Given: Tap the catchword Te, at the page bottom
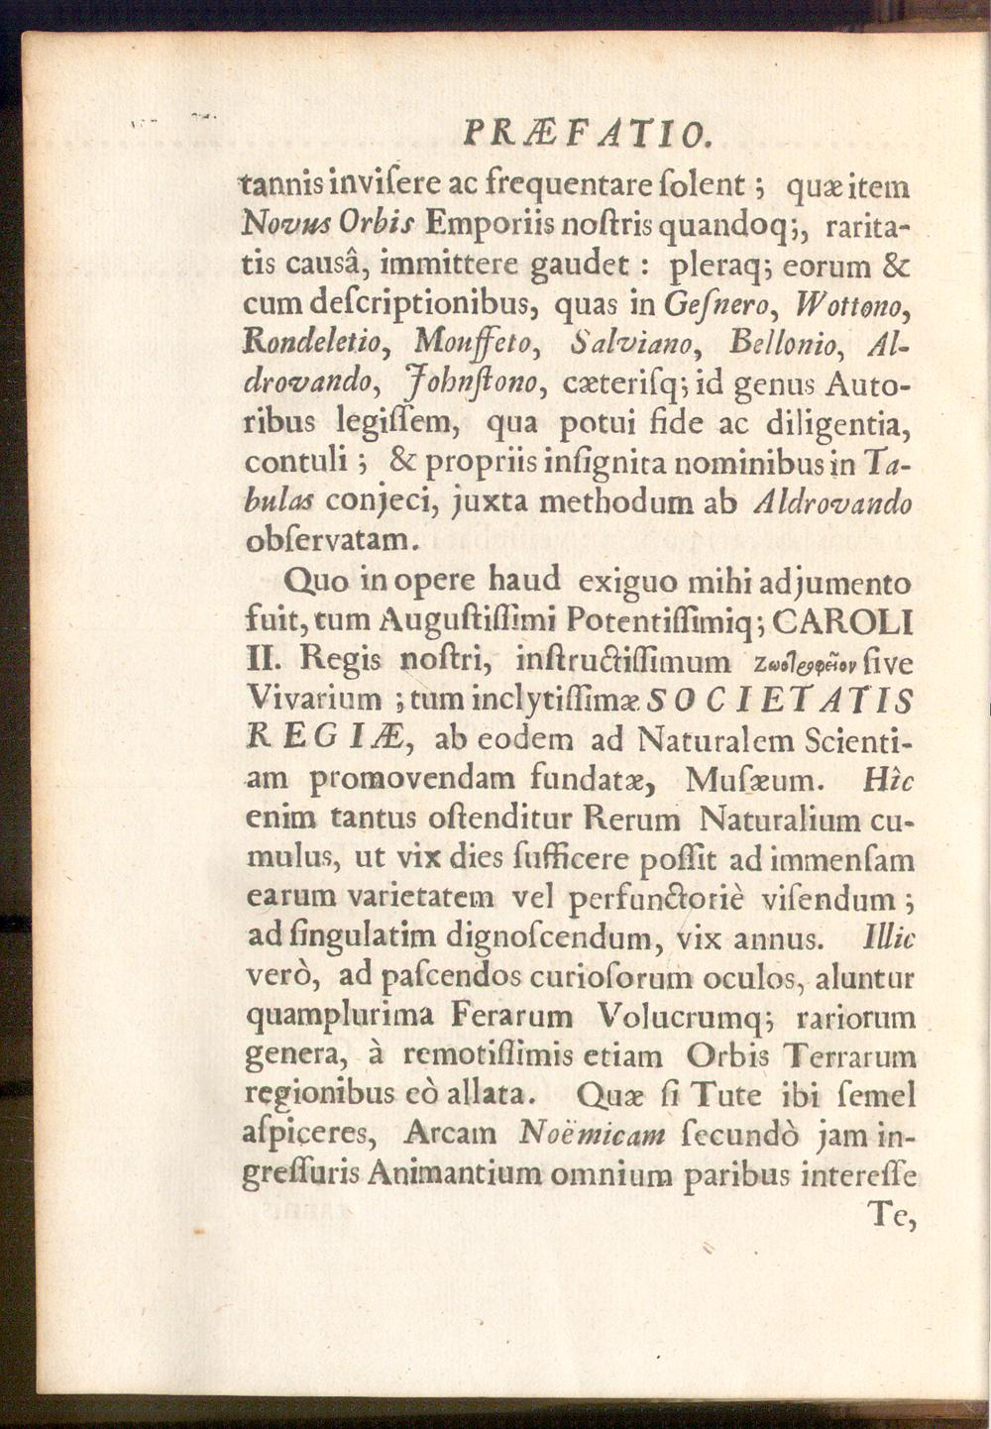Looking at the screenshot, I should pos(889,1213).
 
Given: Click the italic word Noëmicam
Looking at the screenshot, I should pos(592,1136).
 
